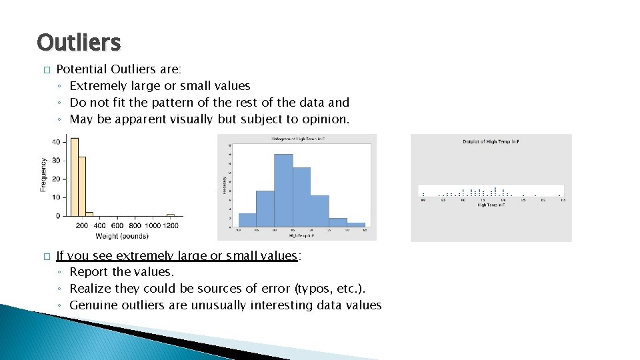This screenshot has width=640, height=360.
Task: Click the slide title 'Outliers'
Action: (x=79, y=43)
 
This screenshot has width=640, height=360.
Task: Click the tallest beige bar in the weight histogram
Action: (x=75, y=177)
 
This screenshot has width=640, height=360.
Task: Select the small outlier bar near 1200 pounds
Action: (x=171, y=215)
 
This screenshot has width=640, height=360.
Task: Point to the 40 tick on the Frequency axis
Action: (x=55, y=141)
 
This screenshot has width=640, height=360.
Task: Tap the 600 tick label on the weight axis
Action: (x=117, y=226)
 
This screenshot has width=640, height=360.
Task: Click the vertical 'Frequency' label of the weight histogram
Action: (x=43, y=175)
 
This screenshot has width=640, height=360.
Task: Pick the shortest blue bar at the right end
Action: (x=356, y=225)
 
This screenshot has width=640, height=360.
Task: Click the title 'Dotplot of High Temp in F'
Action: (x=491, y=141)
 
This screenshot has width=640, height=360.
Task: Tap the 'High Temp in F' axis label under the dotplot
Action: (x=491, y=205)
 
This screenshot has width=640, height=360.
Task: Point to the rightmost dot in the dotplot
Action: (x=558, y=195)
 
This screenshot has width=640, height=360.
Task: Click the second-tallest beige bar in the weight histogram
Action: (x=82, y=186)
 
